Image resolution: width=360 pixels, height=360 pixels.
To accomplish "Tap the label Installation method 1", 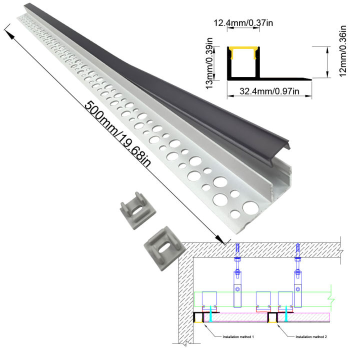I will tap(238, 336).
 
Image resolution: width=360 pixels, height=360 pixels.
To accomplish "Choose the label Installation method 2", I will tap(310, 336).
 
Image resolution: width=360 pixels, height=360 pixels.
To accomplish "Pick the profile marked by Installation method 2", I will tap(272, 317).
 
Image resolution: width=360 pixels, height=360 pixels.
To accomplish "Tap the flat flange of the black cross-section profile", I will tap(285, 78).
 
